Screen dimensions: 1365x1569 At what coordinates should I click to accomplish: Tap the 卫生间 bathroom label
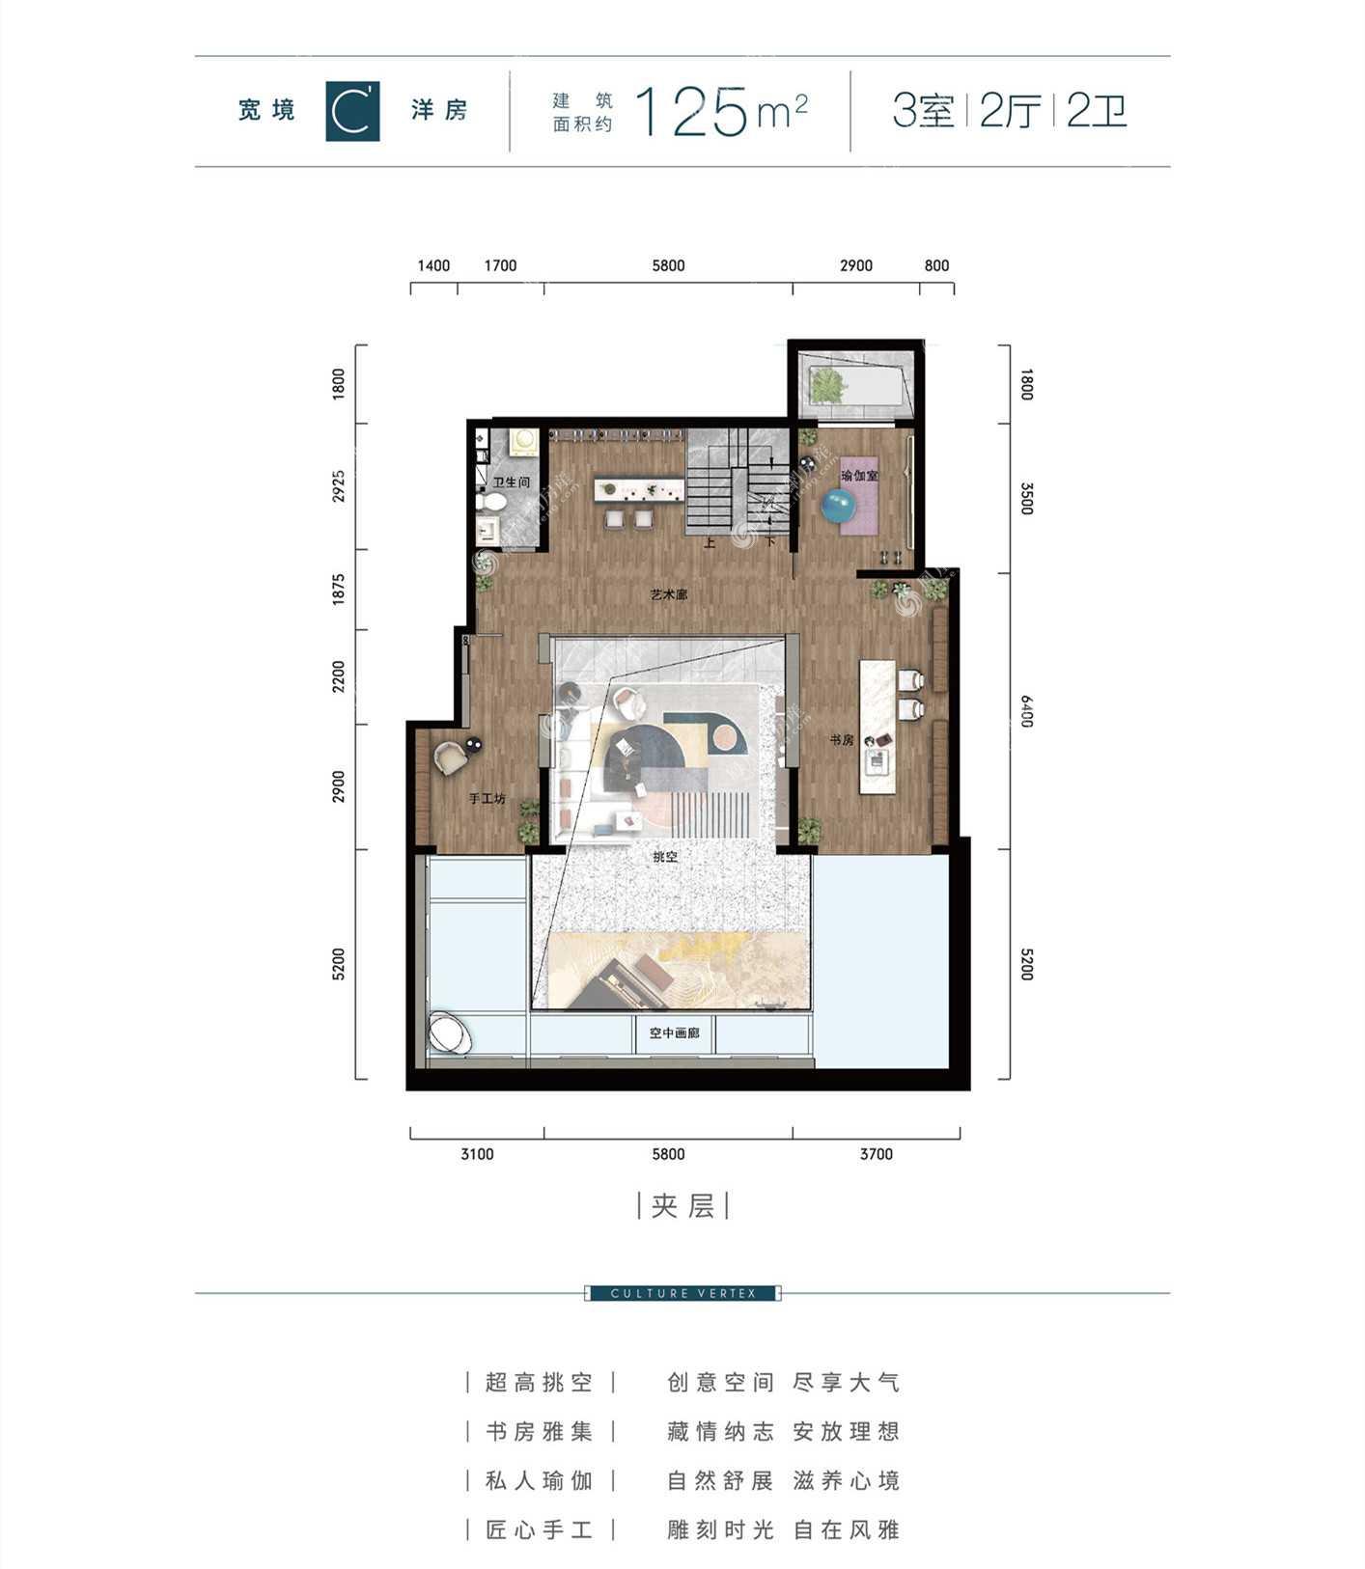[512, 482]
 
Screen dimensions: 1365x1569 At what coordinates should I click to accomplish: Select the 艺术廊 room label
[669, 596]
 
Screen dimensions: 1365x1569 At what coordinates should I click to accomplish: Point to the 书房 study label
[842, 740]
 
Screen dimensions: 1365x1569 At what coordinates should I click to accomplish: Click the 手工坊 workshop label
[487, 799]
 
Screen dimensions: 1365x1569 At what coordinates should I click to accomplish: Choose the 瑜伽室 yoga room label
[859, 476]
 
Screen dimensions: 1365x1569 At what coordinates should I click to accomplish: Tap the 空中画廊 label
[674, 1033]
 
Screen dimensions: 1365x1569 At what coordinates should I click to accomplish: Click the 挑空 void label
[665, 857]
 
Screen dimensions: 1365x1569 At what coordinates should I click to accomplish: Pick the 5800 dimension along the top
[668, 266]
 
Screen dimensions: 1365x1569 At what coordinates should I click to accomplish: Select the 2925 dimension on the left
[338, 486]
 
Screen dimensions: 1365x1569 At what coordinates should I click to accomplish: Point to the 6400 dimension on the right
[1026, 711]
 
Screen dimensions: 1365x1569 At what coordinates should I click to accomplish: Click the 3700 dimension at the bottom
[877, 1154]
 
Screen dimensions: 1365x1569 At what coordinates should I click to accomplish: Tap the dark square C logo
[352, 112]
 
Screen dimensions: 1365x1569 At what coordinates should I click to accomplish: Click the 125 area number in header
[692, 111]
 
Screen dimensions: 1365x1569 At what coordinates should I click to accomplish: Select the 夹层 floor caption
[682, 1206]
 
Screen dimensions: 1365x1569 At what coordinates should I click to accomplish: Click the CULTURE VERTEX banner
[683, 1293]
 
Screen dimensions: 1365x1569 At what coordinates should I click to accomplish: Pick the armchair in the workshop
[450, 757]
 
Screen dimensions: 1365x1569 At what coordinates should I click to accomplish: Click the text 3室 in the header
[924, 111]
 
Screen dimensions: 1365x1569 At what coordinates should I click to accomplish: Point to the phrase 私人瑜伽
[539, 1480]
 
